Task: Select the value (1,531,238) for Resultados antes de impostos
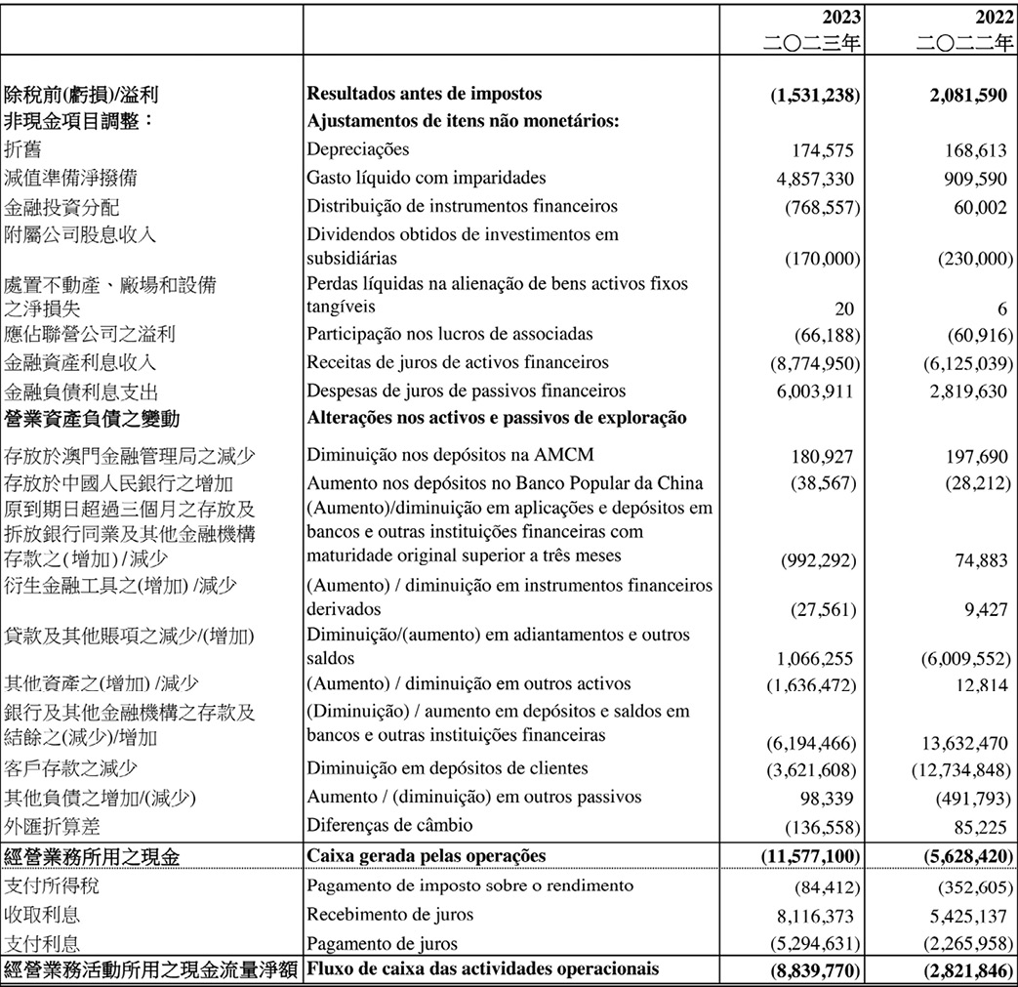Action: pos(815,95)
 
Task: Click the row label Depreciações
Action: pos(358,149)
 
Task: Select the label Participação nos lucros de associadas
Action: pos(450,334)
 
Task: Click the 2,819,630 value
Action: pos(965,391)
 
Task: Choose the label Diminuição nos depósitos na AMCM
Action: pos(450,454)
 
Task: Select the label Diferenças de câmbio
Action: pos(389,826)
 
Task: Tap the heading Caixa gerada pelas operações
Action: pos(426,856)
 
